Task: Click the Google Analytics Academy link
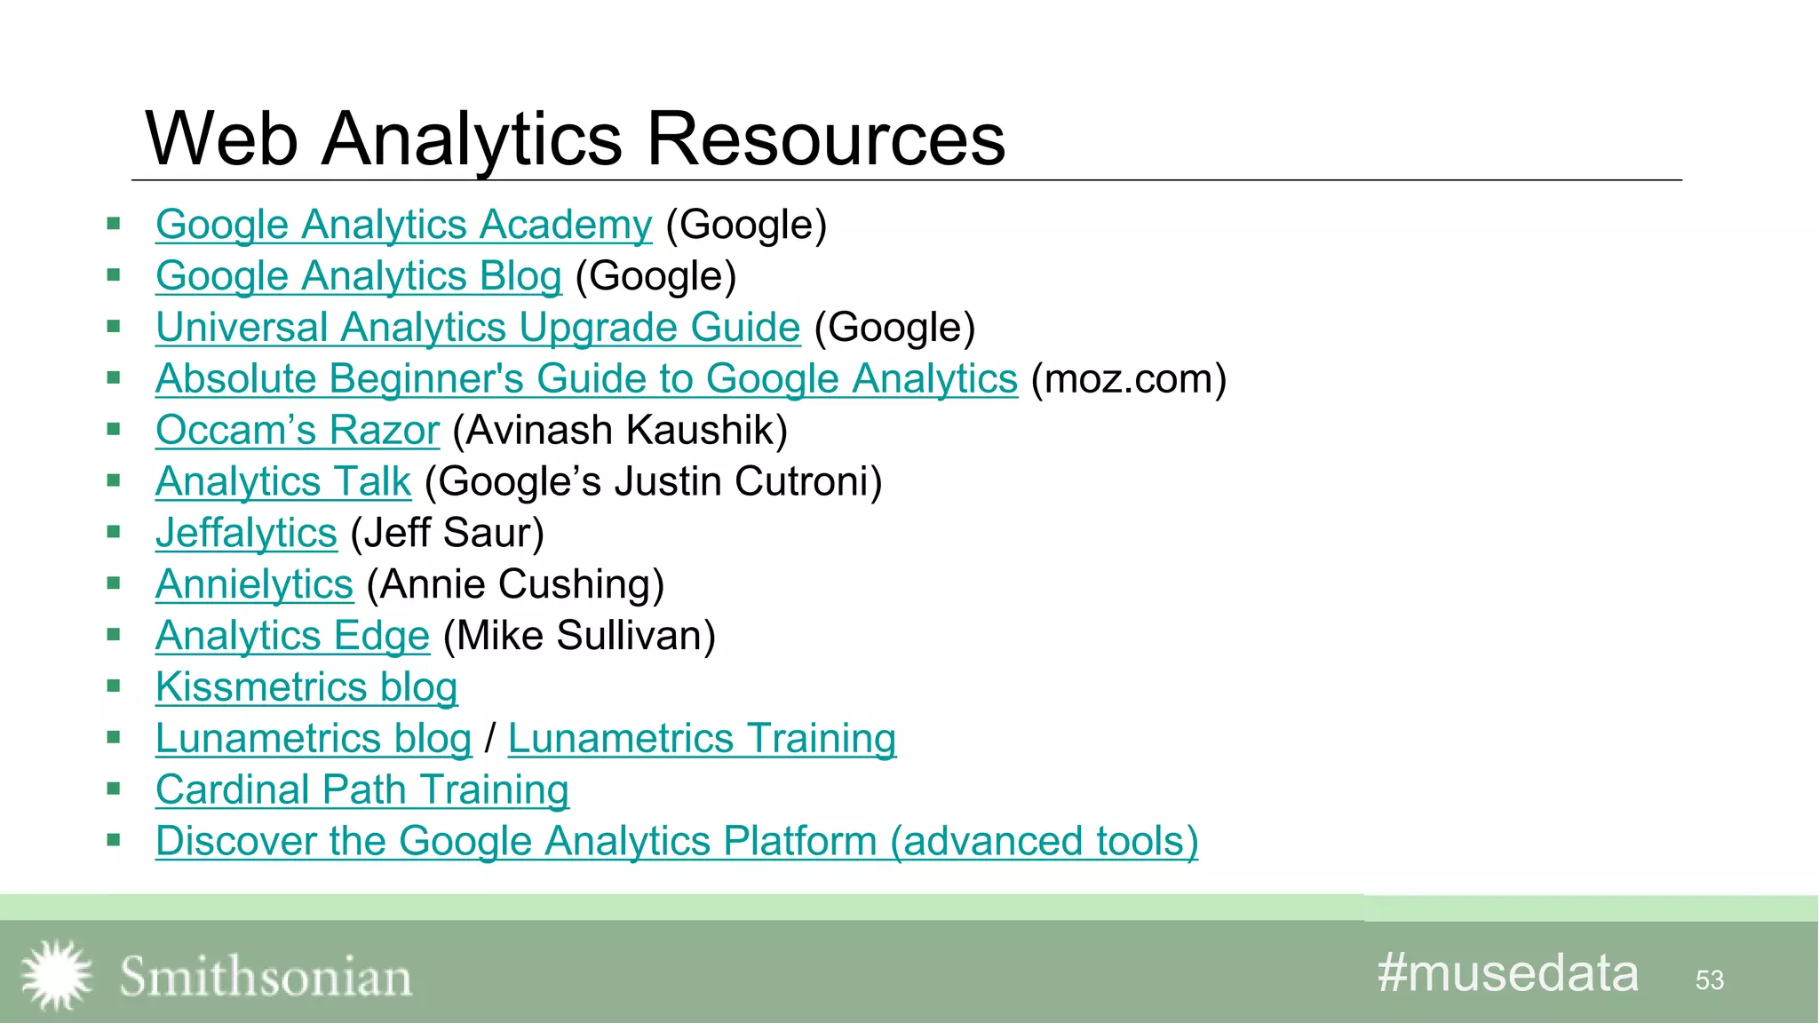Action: [403, 225]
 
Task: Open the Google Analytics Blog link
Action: [358, 276]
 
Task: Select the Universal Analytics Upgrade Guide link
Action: [478, 328]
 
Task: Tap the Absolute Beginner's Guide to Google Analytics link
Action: [586, 379]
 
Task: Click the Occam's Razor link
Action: [298, 431]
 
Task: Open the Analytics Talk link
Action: [283, 482]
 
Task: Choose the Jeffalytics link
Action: [246, 534]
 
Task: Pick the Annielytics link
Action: [254, 585]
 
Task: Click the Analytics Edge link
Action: [292, 637]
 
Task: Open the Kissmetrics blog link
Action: [306, 687]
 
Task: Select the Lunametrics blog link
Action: [313, 739]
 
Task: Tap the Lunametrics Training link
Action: [702, 739]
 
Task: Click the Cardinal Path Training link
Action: [361, 790]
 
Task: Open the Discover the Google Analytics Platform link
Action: [676, 842]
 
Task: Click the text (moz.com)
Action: [1129, 379]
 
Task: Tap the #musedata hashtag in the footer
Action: [1507, 973]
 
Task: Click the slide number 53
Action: [1709, 980]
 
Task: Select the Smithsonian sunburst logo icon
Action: [56, 975]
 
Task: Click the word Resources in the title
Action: [826, 139]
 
